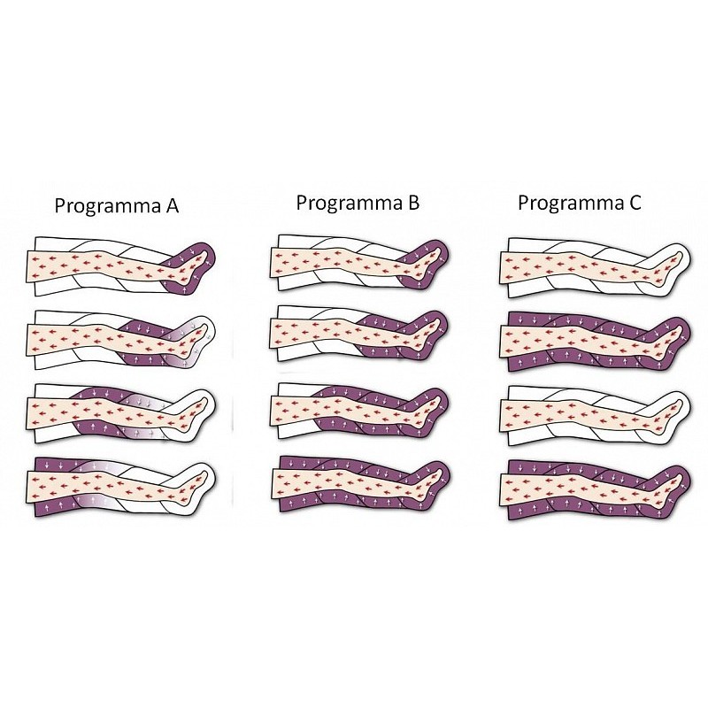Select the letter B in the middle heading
click(x=412, y=203)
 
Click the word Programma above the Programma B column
click(x=348, y=204)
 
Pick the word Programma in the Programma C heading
click(x=569, y=204)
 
